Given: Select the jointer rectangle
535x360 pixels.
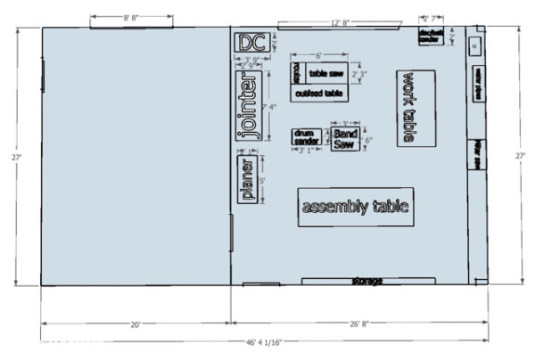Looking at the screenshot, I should point(249,106).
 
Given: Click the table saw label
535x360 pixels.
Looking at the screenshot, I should point(325,73).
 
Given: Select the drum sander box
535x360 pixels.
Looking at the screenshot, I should point(306,136).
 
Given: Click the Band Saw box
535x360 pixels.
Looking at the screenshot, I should point(345,139).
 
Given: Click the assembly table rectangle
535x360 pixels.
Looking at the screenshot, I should point(356,207).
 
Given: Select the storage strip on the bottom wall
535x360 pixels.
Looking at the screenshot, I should point(366,282).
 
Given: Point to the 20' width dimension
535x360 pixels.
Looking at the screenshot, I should point(136,325).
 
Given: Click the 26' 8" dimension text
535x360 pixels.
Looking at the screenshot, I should point(359,325).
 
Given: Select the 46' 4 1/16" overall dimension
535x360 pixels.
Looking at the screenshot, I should point(268,342).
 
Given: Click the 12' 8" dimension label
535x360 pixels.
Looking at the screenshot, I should point(338,21).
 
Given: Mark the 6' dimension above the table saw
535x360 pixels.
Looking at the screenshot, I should point(318,56).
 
